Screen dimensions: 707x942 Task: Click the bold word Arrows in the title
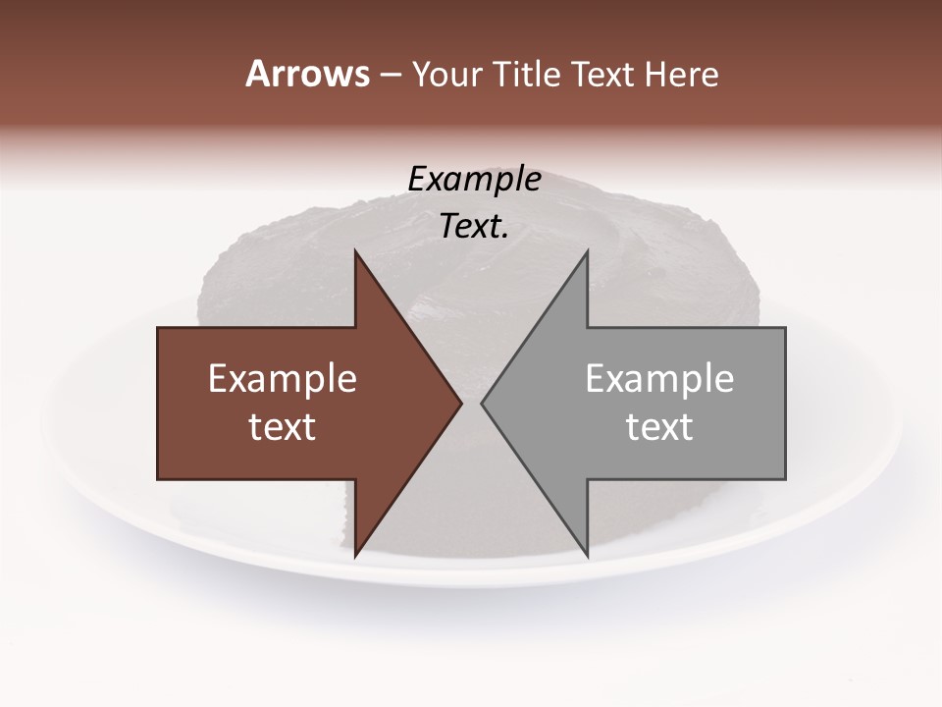point(307,74)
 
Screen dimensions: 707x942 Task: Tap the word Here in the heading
point(681,74)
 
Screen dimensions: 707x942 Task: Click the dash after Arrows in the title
point(390,75)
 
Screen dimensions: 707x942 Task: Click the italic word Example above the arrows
point(475,180)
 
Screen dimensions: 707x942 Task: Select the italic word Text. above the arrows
point(475,227)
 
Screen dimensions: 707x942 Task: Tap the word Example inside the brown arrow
point(283,378)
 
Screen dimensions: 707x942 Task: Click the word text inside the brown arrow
point(283,426)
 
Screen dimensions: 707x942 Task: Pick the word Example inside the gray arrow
point(659,378)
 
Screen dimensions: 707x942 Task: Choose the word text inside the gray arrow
point(659,426)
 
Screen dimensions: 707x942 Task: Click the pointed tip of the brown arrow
point(461,403)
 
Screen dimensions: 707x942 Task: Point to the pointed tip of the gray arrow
point(482,403)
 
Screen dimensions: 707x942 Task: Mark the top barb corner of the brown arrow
point(355,250)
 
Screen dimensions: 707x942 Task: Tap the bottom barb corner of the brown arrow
point(355,557)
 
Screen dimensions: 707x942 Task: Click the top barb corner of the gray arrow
point(587,250)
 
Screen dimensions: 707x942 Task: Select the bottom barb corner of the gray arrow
point(587,557)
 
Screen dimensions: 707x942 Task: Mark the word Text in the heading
point(605,74)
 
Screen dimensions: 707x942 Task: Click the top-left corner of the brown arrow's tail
point(158,327)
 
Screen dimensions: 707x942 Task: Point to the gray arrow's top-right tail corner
point(785,327)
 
